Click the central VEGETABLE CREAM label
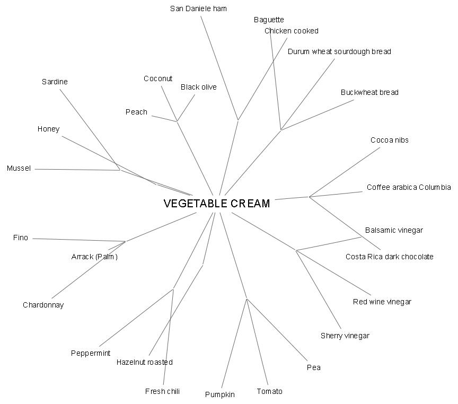(x=216, y=204)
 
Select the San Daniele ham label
(x=198, y=8)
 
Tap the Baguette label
(x=269, y=20)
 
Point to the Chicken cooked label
(x=291, y=31)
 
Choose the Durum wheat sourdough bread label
(x=339, y=51)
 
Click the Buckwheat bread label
(x=369, y=92)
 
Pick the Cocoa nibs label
(x=389, y=140)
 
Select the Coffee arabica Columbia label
(x=408, y=187)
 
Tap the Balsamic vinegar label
(x=394, y=230)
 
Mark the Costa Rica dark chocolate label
(x=389, y=257)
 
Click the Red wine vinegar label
(x=382, y=302)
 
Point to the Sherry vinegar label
(x=345, y=336)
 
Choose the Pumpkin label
(x=219, y=394)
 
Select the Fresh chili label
(x=162, y=391)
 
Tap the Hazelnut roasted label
(x=144, y=362)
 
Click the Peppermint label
(x=91, y=353)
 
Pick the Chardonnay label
(x=43, y=305)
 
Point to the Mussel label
(x=19, y=169)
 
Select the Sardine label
(x=55, y=82)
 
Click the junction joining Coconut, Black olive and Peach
(x=177, y=121)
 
